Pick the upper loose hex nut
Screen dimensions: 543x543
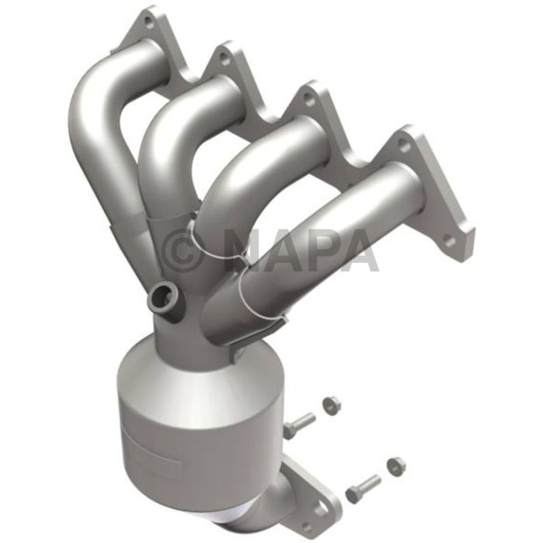pyautogui.click(x=330, y=404)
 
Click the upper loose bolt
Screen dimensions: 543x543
pyautogui.click(x=299, y=424)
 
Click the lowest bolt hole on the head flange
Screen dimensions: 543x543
pyautogui.click(x=449, y=241)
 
